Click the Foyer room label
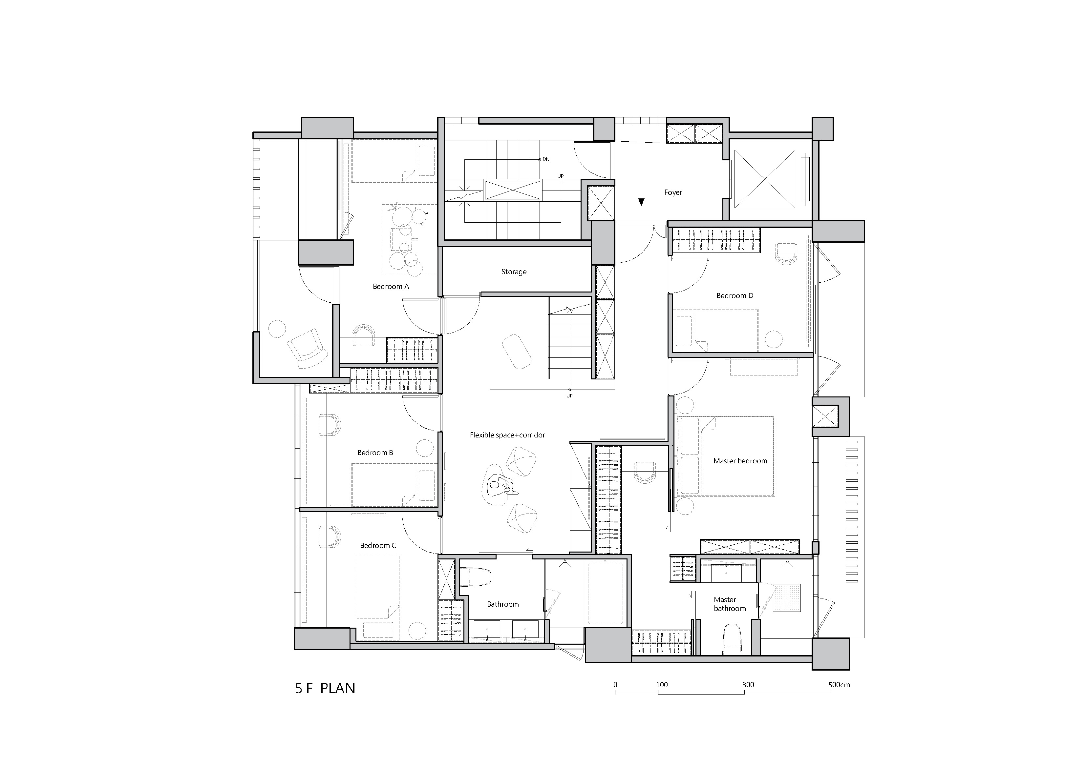point(673,192)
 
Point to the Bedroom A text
point(391,286)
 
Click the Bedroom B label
point(375,453)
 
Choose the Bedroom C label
point(378,545)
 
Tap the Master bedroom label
point(740,461)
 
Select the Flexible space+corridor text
point(507,435)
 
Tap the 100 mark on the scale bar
point(662,685)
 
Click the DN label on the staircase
point(546,159)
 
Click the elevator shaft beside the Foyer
point(764,179)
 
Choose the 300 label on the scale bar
point(748,685)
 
